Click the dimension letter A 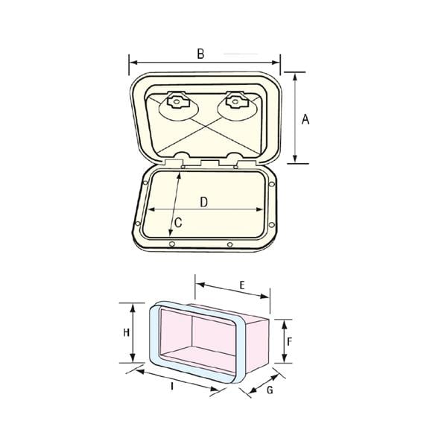click(305, 119)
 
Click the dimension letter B click(200, 54)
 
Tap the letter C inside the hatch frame click(178, 222)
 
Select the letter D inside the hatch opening click(203, 202)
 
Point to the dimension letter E click(242, 285)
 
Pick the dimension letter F click(289, 341)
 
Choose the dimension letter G click(270, 390)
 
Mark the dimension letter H click(127, 332)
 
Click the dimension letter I click(172, 386)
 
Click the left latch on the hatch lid click(177, 101)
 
